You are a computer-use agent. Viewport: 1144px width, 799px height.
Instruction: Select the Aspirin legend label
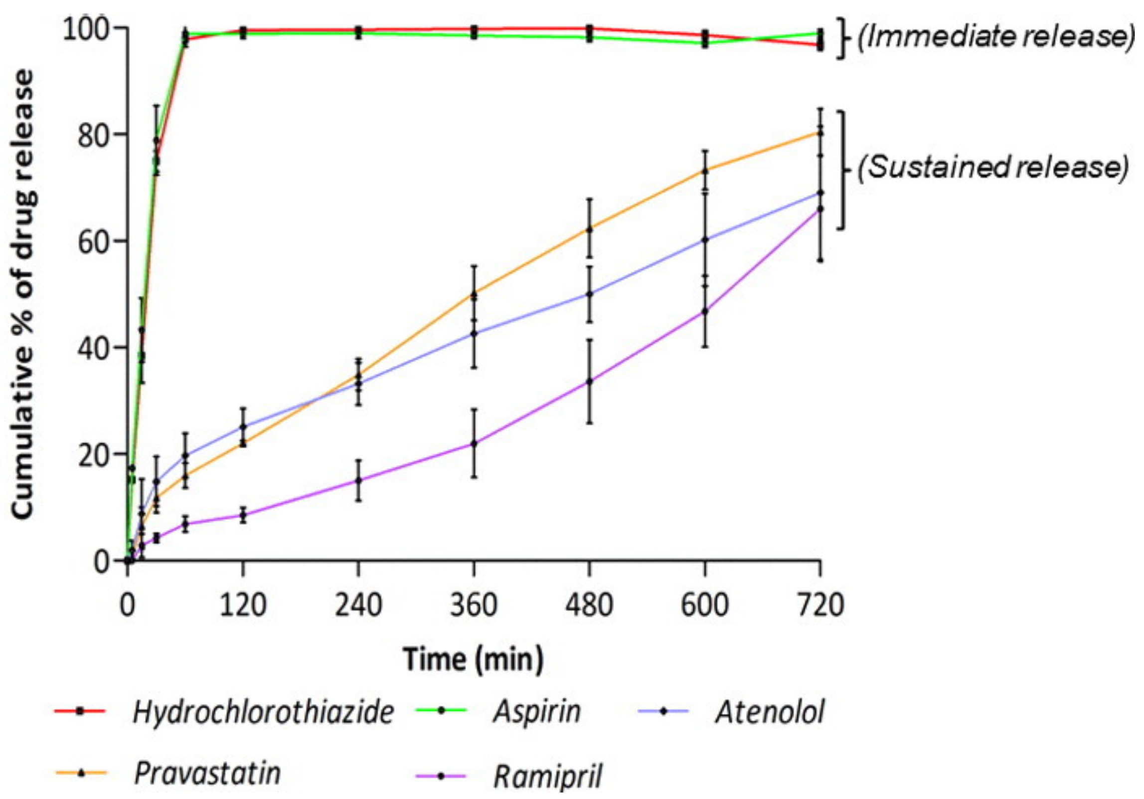click(537, 712)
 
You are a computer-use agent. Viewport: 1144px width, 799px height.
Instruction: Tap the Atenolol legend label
click(770, 712)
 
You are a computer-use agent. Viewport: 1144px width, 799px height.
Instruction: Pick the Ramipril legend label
click(547, 776)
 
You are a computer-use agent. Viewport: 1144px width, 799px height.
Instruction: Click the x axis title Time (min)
click(473, 659)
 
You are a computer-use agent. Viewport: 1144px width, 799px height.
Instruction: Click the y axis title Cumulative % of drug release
click(23, 294)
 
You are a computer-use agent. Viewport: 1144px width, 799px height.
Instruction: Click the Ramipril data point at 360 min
click(474, 443)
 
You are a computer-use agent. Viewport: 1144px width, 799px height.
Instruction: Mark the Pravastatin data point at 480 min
click(589, 229)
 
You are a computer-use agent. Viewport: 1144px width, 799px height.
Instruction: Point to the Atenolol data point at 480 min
click(589, 294)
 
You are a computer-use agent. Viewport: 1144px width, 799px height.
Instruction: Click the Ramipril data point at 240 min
click(358, 481)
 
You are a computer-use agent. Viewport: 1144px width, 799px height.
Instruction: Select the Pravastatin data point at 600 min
click(705, 171)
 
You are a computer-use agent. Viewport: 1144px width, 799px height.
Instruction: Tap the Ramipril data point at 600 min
click(705, 311)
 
